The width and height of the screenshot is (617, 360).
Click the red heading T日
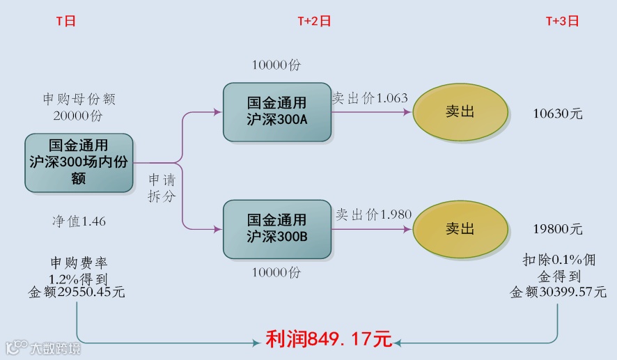coord(65,21)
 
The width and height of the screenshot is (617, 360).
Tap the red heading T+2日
coord(314,21)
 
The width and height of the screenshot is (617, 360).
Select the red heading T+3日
coord(562,21)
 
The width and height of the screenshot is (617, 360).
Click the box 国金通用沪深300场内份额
coord(79,163)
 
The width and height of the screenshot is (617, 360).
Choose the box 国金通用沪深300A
coord(276,111)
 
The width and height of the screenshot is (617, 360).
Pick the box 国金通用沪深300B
coord(276,228)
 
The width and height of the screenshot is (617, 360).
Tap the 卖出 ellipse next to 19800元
coord(460,228)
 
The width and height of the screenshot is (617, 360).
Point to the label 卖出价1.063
coord(369,98)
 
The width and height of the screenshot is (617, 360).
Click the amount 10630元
coord(557,114)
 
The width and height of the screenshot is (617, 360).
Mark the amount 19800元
coord(557,229)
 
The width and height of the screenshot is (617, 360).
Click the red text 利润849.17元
coord(329,340)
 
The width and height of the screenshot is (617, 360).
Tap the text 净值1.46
coord(79,221)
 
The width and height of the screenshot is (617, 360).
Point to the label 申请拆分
coord(162,189)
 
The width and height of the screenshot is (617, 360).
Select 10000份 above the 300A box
coord(276,65)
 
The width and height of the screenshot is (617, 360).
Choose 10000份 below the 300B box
coord(276,273)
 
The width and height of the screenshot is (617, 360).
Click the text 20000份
coord(77,116)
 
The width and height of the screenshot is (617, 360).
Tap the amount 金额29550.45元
coord(77,292)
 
